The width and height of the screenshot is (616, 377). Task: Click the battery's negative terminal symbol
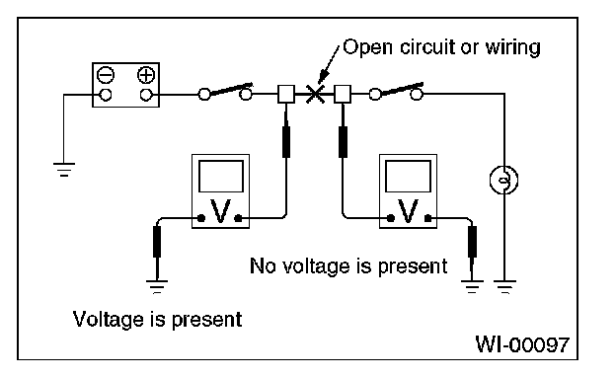point(106,75)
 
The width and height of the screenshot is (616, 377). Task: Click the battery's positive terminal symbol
point(146,75)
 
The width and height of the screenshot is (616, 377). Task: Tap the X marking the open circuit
point(315,95)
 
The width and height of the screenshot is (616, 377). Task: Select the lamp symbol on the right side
point(504,180)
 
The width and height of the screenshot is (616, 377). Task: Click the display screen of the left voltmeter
point(221,177)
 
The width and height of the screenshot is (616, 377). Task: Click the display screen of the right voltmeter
point(408,177)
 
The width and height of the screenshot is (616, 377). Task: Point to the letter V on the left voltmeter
point(220,211)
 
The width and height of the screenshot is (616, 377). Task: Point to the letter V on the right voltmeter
point(408,211)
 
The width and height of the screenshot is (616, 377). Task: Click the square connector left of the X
point(286,95)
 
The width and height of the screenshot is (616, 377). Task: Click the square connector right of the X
point(343,95)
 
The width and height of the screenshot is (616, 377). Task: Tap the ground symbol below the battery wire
point(64,170)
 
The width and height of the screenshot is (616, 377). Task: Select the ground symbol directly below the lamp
point(504,287)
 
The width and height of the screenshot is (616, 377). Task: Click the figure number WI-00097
point(522,344)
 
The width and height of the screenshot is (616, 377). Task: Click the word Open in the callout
point(367,48)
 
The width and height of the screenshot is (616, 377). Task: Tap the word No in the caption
point(262,265)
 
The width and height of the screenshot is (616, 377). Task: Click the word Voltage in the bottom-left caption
point(109,320)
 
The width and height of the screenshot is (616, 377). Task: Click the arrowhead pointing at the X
point(323,77)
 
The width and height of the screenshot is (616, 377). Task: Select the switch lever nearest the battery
point(231,89)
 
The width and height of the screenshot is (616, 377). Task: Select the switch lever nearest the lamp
point(403,89)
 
